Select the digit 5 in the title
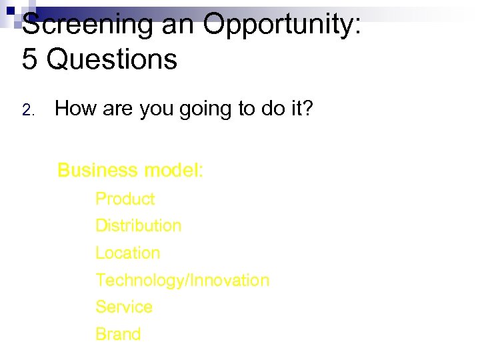(x=30, y=59)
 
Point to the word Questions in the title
(x=112, y=59)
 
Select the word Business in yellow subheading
(x=97, y=171)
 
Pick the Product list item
(x=125, y=199)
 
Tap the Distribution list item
(x=138, y=226)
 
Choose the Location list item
(x=127, y=253)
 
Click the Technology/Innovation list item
(x=182, y=281)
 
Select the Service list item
(x=123, y=307)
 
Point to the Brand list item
(x=118, y=334)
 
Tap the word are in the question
(x=117, y=109)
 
